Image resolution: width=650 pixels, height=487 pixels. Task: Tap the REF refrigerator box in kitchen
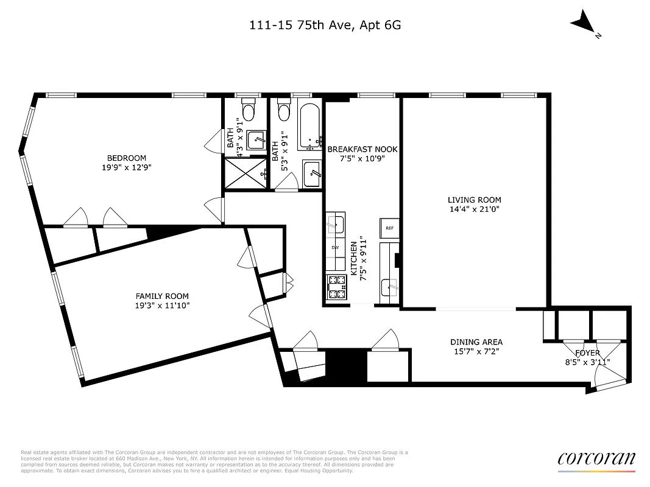coord(389,228)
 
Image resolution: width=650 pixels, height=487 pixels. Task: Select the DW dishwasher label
coord(335,248)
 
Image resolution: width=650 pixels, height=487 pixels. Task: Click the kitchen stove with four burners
coord(336,288)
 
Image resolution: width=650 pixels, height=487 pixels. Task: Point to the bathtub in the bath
coord(310,127)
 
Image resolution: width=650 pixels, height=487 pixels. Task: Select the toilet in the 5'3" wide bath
coord(283,111)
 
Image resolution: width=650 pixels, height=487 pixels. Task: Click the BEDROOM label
coord(127,158)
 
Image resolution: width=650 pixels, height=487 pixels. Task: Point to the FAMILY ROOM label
coord(162,296)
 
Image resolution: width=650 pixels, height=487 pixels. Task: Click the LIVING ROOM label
coord(474,200)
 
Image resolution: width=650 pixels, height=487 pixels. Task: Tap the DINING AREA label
coord(476,342)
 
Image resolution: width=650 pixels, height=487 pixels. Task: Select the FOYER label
coord(587,353)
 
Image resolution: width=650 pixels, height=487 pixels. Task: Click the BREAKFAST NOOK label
coord(362,149)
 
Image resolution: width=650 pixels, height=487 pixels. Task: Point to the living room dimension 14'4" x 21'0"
coord(474,209)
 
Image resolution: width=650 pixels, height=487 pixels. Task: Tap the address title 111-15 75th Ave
coord(324,25)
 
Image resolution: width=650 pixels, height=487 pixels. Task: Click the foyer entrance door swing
coord(610,382)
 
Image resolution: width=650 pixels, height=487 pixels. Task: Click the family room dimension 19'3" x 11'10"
coord(162,306)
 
